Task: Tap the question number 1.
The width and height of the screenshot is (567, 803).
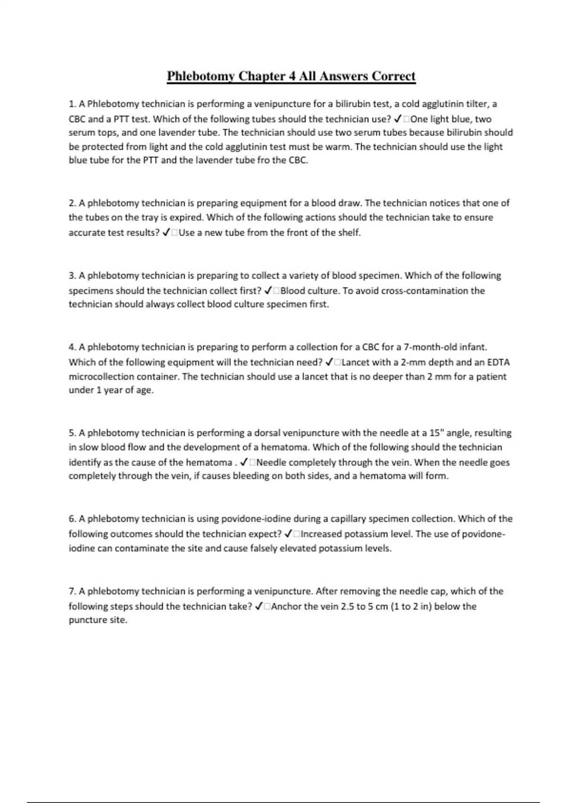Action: (72, 104)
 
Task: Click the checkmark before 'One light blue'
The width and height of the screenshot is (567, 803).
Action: (398, 119)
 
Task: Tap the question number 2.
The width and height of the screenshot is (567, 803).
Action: (72, 203)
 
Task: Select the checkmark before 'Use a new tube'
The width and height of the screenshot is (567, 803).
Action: (166, 232)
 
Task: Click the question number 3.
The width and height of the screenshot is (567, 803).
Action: (72, 275)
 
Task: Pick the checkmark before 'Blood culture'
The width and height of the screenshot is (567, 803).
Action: (268, 290)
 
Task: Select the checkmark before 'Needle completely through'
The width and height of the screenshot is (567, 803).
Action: (244, 462)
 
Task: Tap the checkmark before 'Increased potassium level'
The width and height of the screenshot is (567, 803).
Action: (288, 534)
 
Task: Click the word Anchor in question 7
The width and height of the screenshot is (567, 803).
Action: (286, 606)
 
